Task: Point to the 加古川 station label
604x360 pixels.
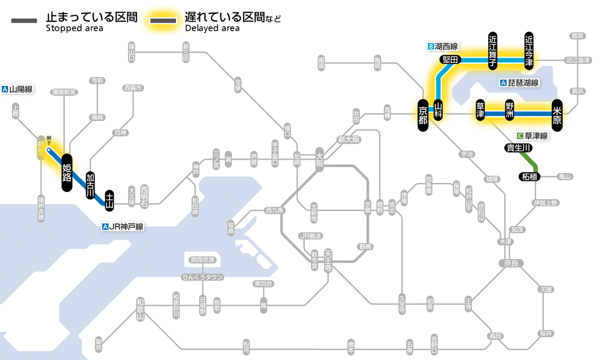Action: tap(90, 185)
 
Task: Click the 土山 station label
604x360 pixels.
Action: tap(110, 201)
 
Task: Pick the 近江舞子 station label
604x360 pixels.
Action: tap(493, 50)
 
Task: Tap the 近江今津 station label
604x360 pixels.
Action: tap(529, 50)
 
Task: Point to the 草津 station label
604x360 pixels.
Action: tap(481, 111)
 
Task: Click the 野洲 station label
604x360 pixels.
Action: tap(510, 111)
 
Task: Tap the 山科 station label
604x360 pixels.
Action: tap(438, 111)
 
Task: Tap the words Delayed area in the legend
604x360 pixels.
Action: tap(212, 28)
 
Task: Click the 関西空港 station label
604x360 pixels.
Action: tap(202, 260)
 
